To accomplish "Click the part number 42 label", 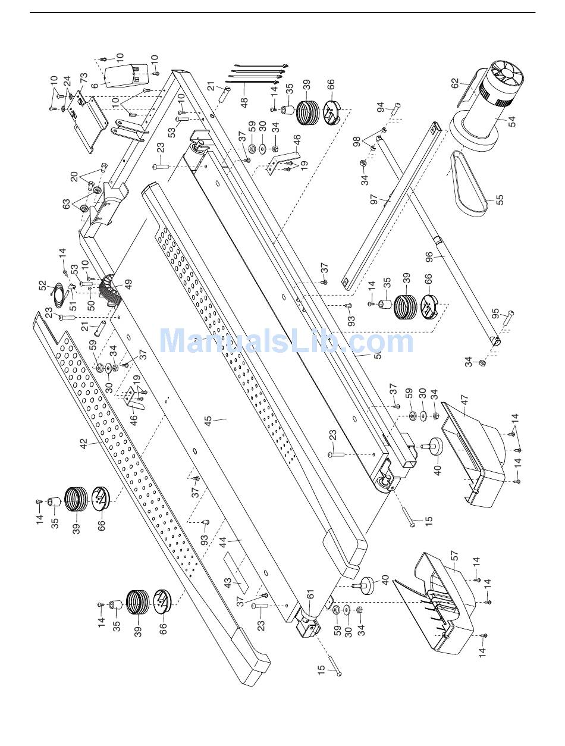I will click(x=84, y=444).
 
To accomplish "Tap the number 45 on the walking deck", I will click(x=208, y=421).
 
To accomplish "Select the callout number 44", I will click(x=223, y=542).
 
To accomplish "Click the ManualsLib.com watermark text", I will click(x=286, y=341).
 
